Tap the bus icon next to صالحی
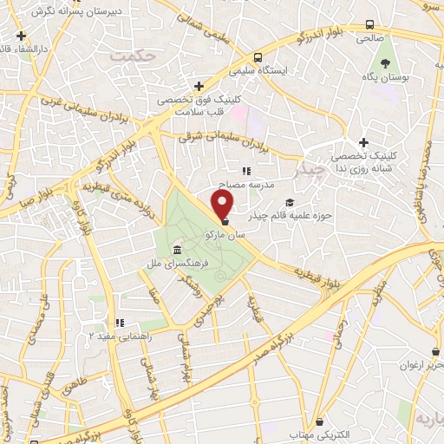tap(370, 24)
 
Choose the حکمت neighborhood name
tap(134, 55)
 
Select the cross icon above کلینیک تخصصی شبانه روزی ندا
tap(363, 143)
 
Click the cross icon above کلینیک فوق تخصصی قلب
tap(199, 86)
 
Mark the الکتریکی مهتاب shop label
tap(320, 432)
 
